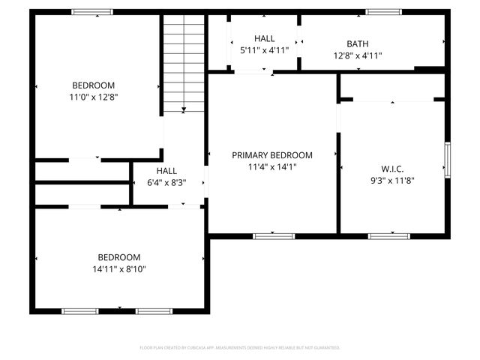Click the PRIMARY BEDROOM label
point(271,155)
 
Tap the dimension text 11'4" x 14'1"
point(271,167)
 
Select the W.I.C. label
point(393,169)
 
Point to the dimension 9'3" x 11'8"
point(393,180)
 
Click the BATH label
point(357,43)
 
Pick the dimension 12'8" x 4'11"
point(357,55)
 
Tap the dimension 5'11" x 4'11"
point(264,50)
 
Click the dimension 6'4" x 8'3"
point(166,182)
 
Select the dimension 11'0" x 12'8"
point(94,97)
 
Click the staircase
point(184,64)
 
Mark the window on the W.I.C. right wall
point(447,160)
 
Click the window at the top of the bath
point(383,12)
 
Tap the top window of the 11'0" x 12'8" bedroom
point(92,12)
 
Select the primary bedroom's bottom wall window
point(273,236)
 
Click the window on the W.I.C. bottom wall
point(388,236)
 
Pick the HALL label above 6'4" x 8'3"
point(166,171)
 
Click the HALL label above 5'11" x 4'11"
point(264,38)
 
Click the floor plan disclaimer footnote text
point(240,348)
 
